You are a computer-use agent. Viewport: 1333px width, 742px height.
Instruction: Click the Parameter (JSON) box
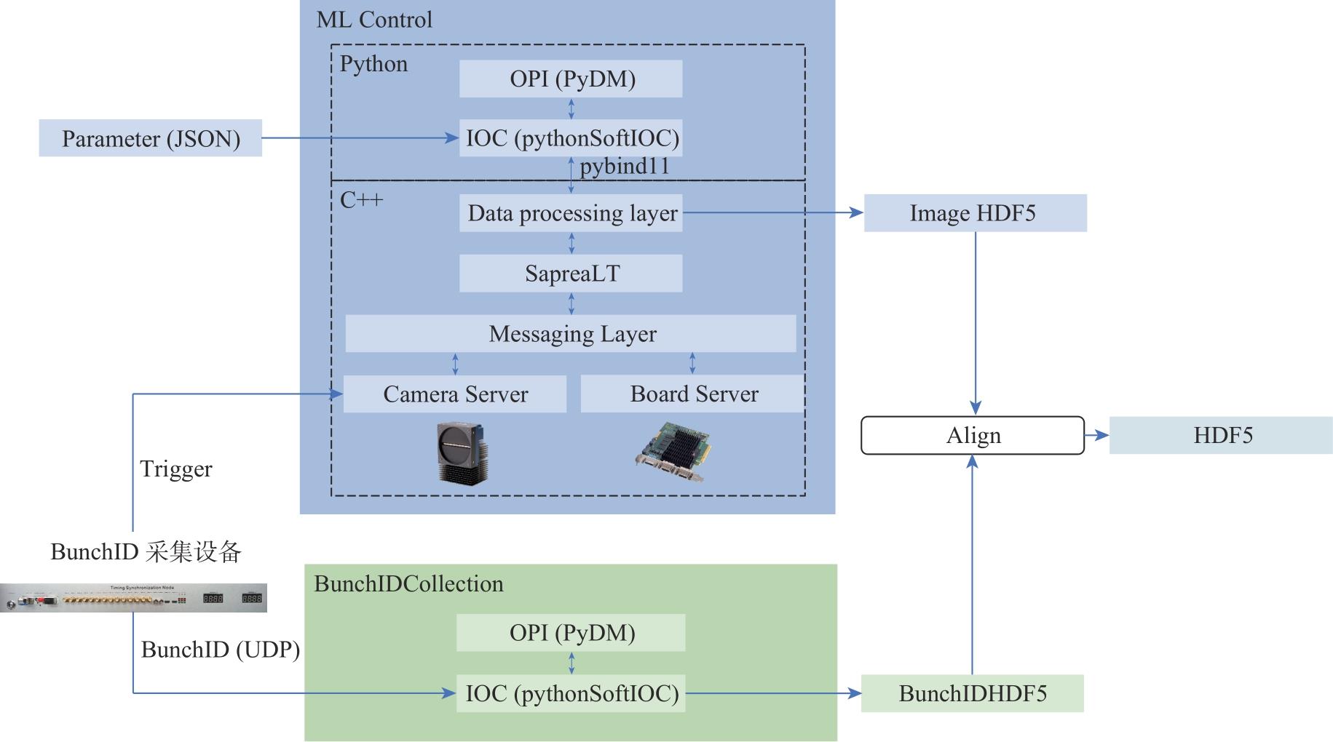pyautogui.click(x=150, y=138)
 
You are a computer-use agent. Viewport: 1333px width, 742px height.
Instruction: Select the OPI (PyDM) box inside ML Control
pyautogui.click(x=571, y=79)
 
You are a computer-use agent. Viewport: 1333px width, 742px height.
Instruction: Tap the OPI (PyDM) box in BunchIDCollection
pyautogui.click(x=571, y=633)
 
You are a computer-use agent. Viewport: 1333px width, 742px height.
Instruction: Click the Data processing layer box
pyautogui.click(x=571, y=213)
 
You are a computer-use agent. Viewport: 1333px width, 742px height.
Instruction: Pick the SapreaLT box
pyautogui.click(x=571, y=274)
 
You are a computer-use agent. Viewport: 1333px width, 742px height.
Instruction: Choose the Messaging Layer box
pyautogui.click(x=571, y=334)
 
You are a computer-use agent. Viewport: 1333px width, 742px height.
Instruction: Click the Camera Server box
pyautogui.click(x=455, y=394)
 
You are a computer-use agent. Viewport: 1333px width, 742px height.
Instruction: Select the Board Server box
pyautogui.click(x=693, y=394)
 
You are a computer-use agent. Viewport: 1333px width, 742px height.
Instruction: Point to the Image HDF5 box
pyautogui.click(x=975, y=213)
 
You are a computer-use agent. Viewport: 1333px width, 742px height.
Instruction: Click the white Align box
pyautogui.click(x=973, y=436)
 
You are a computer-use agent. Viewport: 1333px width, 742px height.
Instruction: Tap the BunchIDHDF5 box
pyautogui.click(x=973, y=693)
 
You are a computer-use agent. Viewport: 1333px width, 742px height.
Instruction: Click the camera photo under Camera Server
pyautogui.click(x=462, y=452)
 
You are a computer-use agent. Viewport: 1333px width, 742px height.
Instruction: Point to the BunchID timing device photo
pyautogui.click(x=133, y=598)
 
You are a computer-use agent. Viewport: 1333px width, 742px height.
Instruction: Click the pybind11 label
pyautogui.click(x=625, y=167)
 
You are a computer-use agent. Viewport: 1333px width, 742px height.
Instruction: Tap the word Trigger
pyautogui.click(x=176, y=469)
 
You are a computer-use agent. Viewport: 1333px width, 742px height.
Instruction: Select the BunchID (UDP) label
pyautogui.click(x=220, y=650)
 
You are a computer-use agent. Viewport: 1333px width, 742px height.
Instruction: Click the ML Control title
pyautogui.click(x=374, y=20)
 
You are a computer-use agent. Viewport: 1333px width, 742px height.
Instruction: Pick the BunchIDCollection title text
pyautogui.click(x=408, y=584)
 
